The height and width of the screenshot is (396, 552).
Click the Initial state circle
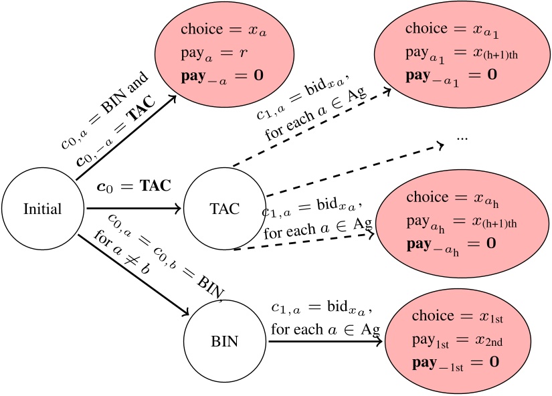(x=42, y=209)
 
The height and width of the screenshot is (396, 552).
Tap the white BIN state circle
(x=224, y=342)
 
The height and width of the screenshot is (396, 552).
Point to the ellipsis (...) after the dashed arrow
(x=462, y=136)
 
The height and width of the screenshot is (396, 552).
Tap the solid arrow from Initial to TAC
(x=134, y=209)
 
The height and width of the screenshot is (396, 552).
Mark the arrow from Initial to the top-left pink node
(x=127, y=140)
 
